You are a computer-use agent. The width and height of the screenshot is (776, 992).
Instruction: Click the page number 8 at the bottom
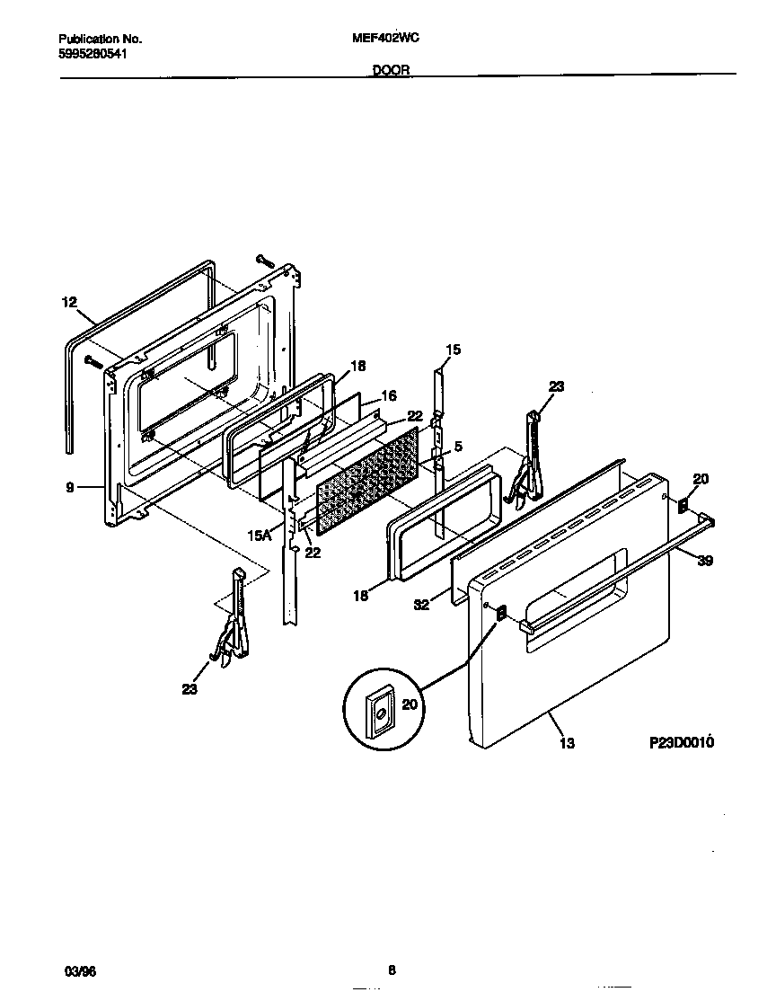392,970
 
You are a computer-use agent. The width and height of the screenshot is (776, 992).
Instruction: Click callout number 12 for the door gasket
70,303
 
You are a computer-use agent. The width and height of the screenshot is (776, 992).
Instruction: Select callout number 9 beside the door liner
69,488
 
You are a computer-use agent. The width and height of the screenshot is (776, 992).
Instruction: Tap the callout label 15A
259,535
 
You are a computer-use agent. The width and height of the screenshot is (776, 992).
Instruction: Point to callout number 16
389,395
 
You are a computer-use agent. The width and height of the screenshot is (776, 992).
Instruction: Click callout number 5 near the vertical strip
457,445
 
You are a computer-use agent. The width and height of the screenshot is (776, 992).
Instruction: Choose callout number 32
421,605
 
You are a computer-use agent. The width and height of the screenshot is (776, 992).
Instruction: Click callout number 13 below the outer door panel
566,743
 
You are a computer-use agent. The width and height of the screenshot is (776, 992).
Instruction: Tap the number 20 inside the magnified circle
410,705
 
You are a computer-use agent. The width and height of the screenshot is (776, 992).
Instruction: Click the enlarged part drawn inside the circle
381,713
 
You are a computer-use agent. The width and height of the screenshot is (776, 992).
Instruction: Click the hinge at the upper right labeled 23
529,458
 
